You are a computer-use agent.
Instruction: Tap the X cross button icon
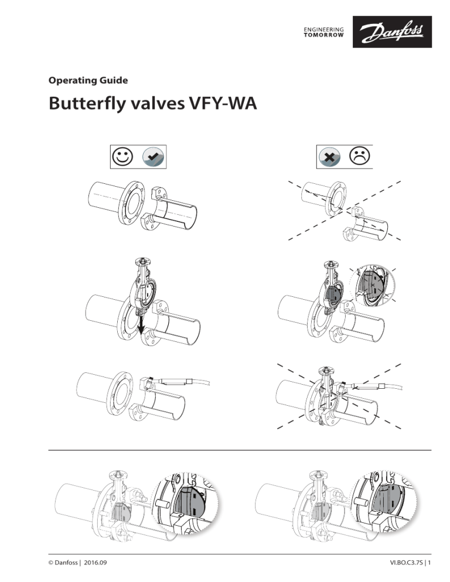[x=328, y=156]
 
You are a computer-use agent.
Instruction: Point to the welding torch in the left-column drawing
[x=176, y=382]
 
